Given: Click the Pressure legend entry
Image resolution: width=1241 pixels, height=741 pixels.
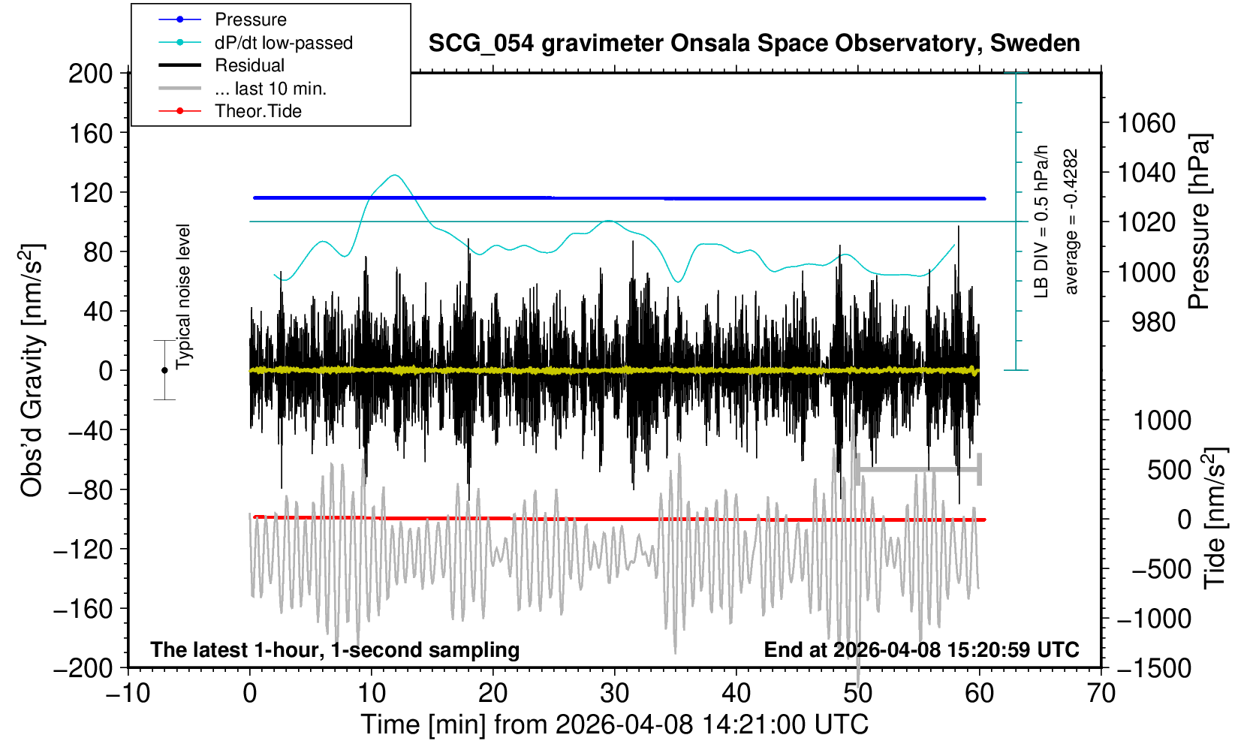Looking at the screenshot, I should tap(250, 20).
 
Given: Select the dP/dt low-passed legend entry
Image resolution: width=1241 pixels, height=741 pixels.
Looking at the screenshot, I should tap(283, 43).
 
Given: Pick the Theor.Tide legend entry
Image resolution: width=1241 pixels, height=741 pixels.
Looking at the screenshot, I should tap(258, 111).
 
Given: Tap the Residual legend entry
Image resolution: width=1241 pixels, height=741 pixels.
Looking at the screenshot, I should tap(249, 65).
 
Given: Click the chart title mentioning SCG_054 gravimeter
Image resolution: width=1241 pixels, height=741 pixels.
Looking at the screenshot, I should tap(754, 44).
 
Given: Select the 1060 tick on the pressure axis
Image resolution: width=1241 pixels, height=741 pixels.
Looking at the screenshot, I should tap(1146, 122).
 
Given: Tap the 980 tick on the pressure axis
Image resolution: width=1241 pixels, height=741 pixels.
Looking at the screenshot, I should tap(1153, 322).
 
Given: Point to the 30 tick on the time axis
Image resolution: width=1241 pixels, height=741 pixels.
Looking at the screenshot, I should tap(614, 693).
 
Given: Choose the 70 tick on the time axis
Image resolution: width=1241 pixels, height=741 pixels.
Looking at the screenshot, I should tap(1101, 693).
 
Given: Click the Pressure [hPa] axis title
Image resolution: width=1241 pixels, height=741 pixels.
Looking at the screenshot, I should tap(1199, 221).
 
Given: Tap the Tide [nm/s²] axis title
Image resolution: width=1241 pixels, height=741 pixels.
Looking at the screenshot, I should tap(1214, 518).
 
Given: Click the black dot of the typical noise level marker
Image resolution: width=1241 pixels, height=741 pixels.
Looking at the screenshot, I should tap(164, 370).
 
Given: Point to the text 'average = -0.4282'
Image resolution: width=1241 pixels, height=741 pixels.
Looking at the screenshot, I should tap(1071, 221).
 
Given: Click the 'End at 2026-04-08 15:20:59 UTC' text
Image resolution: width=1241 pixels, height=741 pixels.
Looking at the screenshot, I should tap(921, 649).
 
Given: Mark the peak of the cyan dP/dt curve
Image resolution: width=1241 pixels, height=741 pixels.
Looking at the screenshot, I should tap(395, 175).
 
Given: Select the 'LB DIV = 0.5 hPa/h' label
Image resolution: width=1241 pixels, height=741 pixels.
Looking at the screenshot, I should tap(1041, 221).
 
